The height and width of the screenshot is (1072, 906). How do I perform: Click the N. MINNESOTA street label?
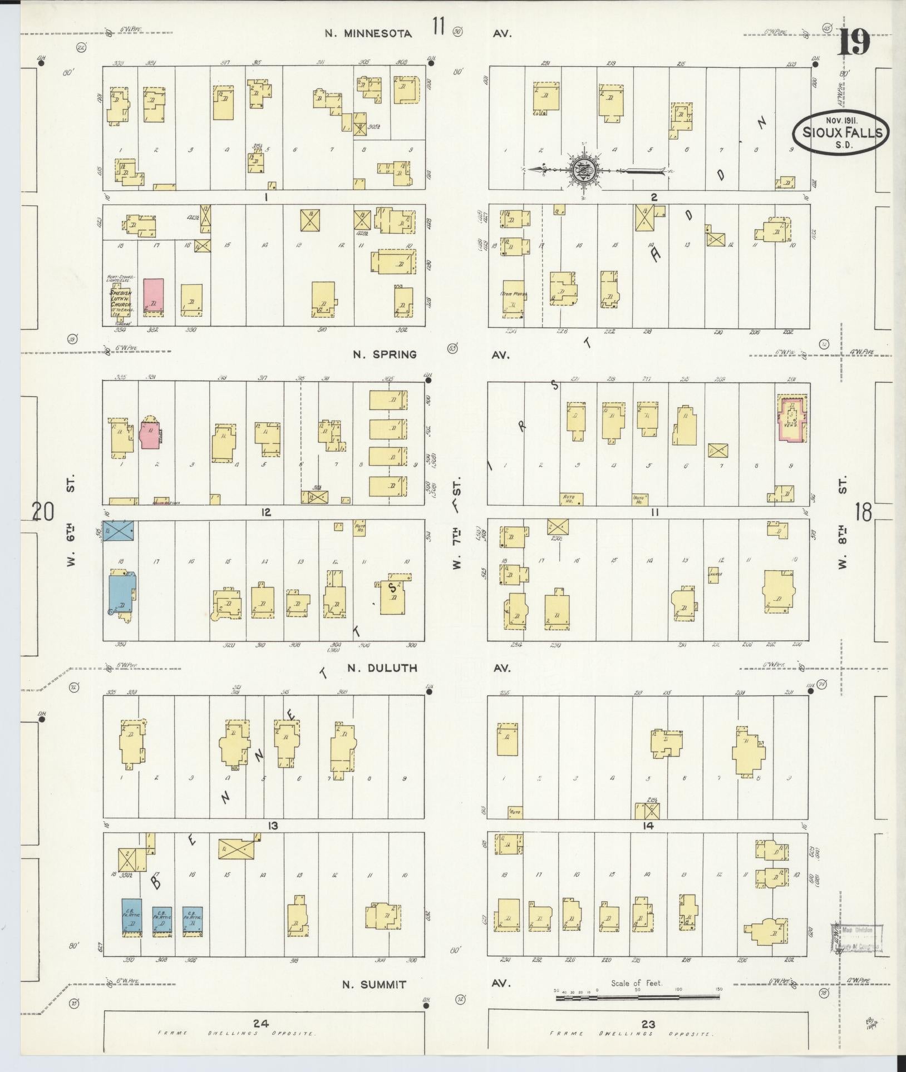(368, 33)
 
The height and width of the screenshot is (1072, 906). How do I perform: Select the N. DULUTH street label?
(382, 668)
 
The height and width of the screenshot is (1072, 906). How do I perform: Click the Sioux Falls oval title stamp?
(841, 132)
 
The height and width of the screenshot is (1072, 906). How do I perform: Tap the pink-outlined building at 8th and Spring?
(791, 419)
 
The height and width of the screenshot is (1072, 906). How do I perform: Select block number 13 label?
(272, 826)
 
